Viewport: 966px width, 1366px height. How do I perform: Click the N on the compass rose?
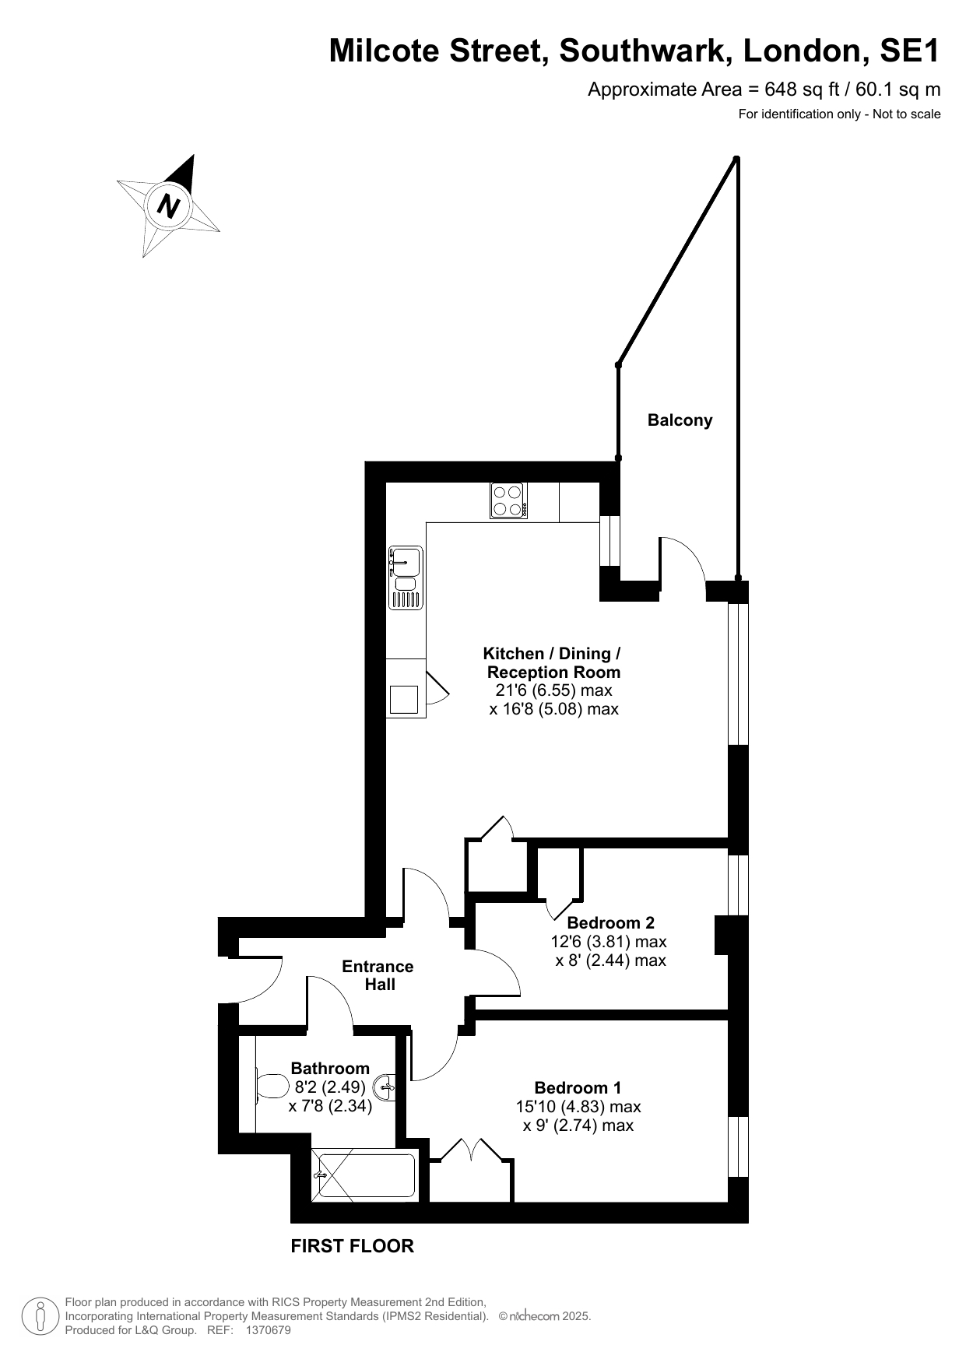(x=169, y=206)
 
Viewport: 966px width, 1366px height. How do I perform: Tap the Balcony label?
(x=680, y=420)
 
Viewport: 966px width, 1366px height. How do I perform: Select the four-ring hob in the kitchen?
(x=508, y=500)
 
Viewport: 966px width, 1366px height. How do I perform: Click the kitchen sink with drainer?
(x=405, y=578)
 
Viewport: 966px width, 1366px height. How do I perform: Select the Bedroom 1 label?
(x=578, y=1087)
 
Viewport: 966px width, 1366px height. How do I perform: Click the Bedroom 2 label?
(x=610, y=922)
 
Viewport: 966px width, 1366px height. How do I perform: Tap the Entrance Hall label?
(x=378, y=975)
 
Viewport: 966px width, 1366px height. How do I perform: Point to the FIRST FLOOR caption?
(x=352, y=1246)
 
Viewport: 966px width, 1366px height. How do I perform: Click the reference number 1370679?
(x=268, y=1330)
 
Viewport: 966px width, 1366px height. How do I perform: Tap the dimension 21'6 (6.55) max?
(x=554, y=690)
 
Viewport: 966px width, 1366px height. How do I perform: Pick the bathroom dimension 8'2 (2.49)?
(x=330, y=1087)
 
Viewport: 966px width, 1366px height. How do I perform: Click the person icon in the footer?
(x=39, y=1316)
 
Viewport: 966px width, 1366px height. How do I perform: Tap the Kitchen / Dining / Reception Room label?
(x=553, y=662)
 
